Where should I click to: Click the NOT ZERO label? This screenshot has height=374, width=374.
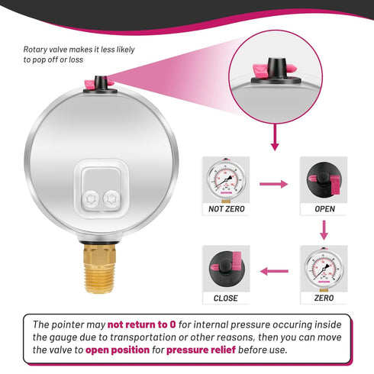point(226,209)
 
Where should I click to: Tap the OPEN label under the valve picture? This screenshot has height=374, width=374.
point(324,209)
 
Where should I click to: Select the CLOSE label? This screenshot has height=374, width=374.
point(226,298)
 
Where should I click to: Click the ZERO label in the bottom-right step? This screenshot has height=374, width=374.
point(324,298)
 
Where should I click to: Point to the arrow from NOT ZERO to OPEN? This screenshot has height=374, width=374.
point(273,184)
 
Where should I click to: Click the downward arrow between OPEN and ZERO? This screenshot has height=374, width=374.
point(324,230)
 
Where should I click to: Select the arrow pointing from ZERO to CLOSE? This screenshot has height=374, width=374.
point(274,271)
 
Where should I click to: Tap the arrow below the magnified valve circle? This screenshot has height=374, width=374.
point(275,137)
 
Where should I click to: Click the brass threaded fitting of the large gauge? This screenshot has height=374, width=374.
point(99,268)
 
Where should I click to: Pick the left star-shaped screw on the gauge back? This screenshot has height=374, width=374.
point(91,199)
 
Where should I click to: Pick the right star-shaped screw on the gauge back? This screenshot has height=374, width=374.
point(111,198)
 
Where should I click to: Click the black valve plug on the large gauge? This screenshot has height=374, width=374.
point(101,84)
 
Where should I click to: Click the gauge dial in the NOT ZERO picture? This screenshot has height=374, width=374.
point(225,180)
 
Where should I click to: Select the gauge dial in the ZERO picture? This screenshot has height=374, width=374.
point(324,269)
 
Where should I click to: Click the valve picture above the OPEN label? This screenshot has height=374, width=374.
point(324,179)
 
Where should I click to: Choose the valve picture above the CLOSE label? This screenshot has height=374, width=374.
point(226,269)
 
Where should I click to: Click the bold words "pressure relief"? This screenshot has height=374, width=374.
point(201,350)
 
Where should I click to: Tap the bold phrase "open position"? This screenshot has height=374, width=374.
point(118,350)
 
